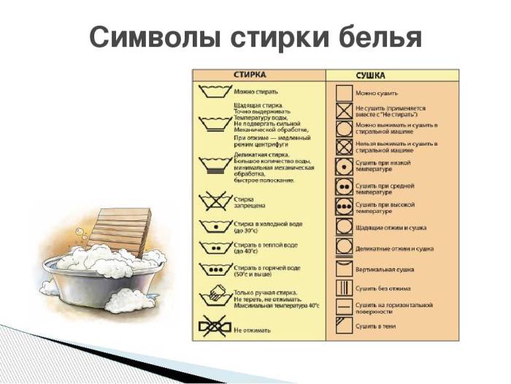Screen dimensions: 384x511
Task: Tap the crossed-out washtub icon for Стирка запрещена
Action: [x=213, y=199]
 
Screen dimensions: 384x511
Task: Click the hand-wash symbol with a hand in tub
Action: [x=213, y=298]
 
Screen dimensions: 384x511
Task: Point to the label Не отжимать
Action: [x=253, y=330]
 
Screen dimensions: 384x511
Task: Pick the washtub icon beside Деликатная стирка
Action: [x=213, y=165]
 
